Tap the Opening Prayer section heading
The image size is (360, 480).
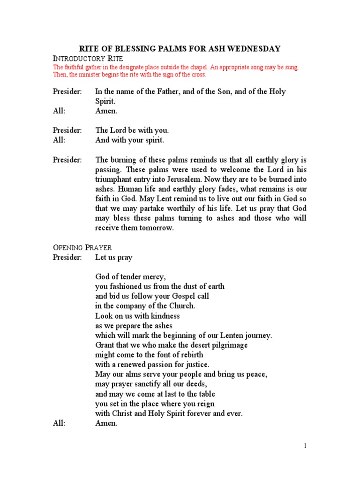(x=82, y=247)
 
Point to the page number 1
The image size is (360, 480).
(x=305, y=446)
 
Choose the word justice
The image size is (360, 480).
(x=196, y=364)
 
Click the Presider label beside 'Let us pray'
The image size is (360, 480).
(x=67, y=257)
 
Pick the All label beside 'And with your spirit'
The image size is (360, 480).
(x=59, y=140)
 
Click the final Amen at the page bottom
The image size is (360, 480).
(x=106, y=423)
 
